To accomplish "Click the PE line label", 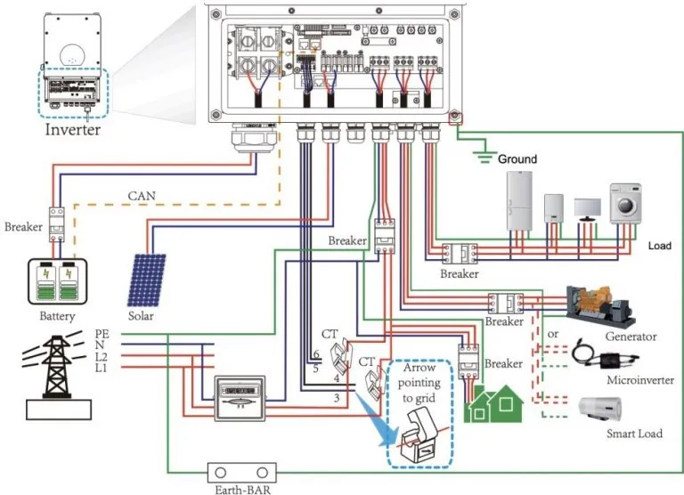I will coord(102,333).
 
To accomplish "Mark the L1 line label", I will coord(102,367).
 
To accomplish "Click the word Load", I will coord(659,245).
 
